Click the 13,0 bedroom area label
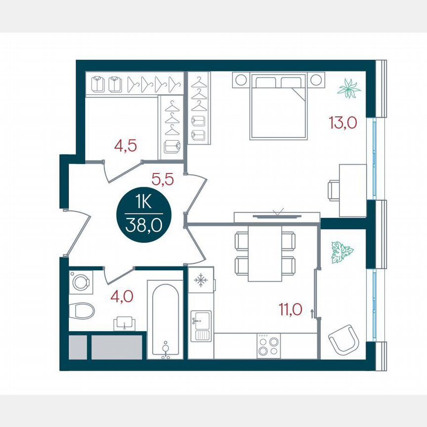[342, 122]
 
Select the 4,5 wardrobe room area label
[125, 146]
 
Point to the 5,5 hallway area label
[163, 180]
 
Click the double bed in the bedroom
[278, 106]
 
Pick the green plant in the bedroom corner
[349, 89]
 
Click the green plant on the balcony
[342, 251]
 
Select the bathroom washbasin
[124, 324]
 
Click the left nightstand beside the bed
[242, 79]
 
